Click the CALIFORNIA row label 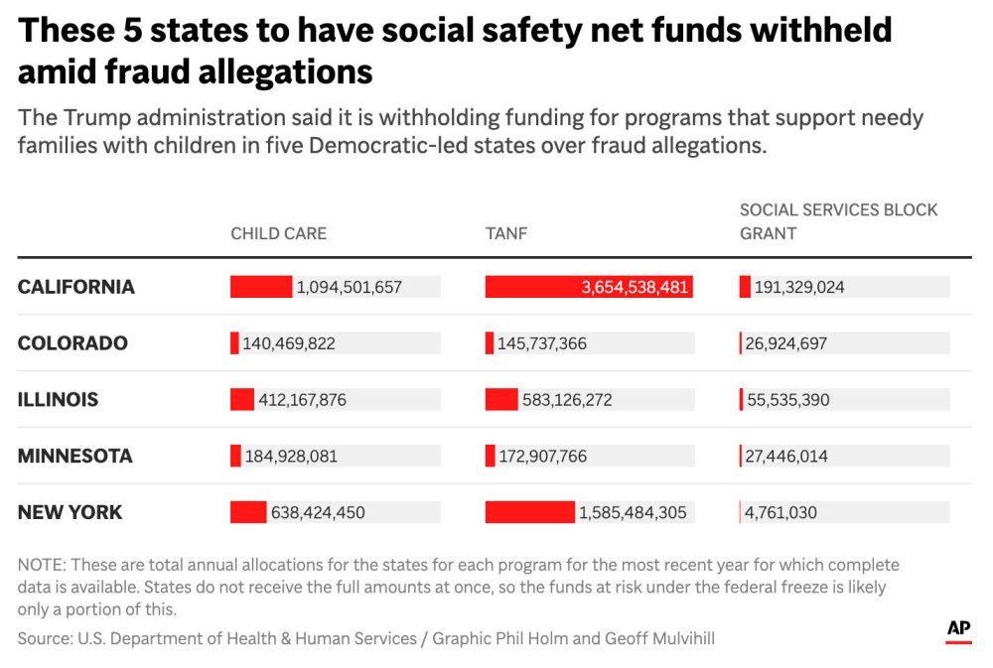(75, 287)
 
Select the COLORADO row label (72, 343)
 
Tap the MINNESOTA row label (74, 457)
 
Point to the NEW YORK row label (70, 512)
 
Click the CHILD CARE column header (278, 234)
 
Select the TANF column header (506, 234)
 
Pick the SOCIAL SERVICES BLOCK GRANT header (838, 221)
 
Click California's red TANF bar (588, 287)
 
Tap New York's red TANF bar (529, 512)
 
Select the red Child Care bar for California (261, 287)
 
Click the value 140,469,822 (289, 343)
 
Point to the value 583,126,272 (567, 400)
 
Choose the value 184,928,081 (290, 457)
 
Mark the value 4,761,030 (781, 513)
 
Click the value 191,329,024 (799, 287)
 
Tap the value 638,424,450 (318, 513)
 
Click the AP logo (957, 630)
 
